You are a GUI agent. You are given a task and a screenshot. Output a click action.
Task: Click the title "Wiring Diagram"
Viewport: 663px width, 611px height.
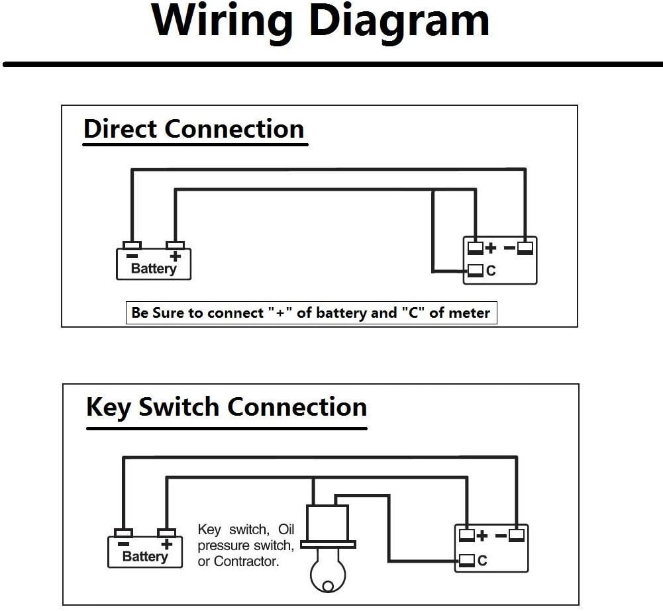[x=321, y=21]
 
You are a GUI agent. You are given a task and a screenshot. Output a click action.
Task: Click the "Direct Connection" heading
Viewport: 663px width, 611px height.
[x=193, y=128]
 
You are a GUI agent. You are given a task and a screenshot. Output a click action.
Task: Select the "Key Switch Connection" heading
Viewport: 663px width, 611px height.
[x=226, y=406]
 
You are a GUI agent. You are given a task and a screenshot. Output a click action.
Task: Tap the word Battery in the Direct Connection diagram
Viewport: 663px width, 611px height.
[x=153, y=269]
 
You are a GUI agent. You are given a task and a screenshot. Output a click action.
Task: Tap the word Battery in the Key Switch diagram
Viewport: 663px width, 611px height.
[x=144, y=557]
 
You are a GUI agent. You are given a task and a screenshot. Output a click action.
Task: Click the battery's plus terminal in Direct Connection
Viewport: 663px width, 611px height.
[x=175, y=246]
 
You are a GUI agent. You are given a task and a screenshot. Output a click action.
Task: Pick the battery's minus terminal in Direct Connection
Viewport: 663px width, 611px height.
[x=132, y=246]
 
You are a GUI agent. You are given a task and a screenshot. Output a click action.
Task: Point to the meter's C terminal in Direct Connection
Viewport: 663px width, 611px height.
[x=476, y=270]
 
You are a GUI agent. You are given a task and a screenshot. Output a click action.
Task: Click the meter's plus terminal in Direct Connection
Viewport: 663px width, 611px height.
[x=476, y=248]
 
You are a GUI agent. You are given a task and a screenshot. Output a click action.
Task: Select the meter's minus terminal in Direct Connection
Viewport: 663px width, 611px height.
[x=525, y=248]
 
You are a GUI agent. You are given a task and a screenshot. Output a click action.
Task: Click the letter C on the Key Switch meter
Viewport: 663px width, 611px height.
[x=482, y=561]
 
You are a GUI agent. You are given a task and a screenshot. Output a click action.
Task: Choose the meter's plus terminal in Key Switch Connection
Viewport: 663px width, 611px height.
[x=467, y=536]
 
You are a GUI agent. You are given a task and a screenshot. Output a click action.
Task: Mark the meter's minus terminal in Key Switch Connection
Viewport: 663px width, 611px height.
[x=517, y=536]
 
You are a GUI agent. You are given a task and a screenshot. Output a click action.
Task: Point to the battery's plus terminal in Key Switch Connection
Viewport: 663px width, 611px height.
[x=166, y=534]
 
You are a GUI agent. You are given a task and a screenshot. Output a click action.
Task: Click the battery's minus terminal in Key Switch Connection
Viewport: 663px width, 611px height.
[x=123, y=534]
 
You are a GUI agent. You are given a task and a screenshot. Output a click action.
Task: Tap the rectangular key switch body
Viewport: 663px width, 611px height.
[x=327, y=524]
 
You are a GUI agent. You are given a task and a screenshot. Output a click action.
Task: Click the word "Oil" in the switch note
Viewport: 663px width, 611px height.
[x=286, y=530]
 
